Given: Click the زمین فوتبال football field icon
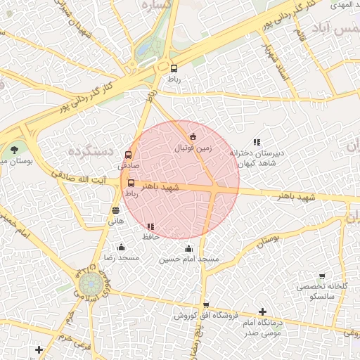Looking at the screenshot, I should pos(193,136).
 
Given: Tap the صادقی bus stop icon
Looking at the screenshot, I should pos(128,155).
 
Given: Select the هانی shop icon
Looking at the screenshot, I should pos(115,210).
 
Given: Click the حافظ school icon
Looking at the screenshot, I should pos(150,226).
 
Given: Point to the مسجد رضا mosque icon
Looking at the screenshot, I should pos(121,247).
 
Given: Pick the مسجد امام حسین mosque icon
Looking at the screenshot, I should pos(188,248).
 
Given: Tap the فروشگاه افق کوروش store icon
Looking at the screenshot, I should pos(205,305).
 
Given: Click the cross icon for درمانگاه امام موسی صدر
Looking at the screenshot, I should pos(262,311).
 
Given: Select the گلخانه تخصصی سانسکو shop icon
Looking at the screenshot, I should pos(322,276).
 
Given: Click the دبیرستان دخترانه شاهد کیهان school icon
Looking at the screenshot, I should pos(257,141).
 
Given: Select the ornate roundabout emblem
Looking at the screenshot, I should pos(90,285).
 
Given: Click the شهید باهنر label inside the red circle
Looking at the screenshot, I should pos(160,187).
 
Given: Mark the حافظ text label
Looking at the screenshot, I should pos(151,237).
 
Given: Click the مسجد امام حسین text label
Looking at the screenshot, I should pos(188,259).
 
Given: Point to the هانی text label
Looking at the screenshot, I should pos(115,221).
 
